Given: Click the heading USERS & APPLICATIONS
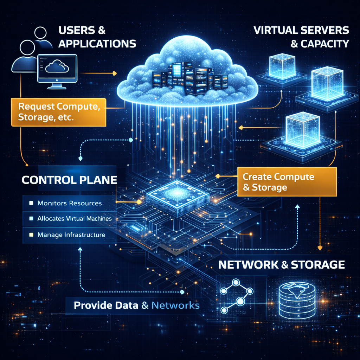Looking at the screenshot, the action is [97, 37].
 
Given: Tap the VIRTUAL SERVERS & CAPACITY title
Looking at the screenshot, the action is [301, 37].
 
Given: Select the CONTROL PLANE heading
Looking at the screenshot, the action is [69, 180].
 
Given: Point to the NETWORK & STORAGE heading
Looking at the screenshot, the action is [282, 265].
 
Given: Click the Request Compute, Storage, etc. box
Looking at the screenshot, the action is [59, 112].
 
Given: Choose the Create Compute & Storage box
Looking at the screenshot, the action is [287, 182].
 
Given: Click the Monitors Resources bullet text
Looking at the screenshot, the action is [70, 203].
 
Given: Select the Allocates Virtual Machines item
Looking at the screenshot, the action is [75, 218].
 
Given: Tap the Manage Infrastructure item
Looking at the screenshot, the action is [71, 234].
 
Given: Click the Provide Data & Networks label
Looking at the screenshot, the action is [137, 306].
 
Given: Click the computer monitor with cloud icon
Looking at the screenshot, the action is [57, 71].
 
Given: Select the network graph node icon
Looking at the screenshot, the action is [237, 296].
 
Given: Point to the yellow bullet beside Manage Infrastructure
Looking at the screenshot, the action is [31, 234].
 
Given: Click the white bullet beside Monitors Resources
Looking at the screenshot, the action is [31, 203].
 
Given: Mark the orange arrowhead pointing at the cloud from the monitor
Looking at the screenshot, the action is [115, 73].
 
